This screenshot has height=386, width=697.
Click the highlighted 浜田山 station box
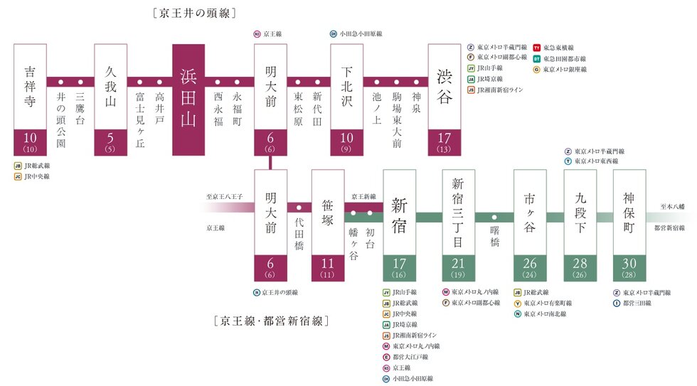coord(188,100)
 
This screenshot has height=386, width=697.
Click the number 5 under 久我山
coord(111,138)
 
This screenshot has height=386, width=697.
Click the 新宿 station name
coord(400,206)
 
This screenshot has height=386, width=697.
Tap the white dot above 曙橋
coord(494,217)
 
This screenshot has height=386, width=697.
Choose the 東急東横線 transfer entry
coord(560,47)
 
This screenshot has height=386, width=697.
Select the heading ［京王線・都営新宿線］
coord(270,321)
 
